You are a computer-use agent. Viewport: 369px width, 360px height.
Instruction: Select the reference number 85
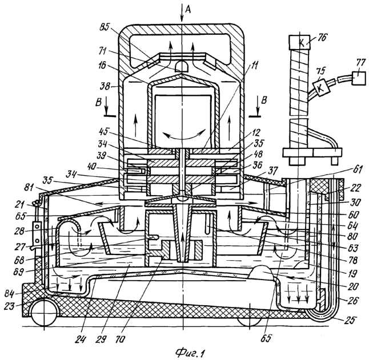pyautogui.click(x=105, y=28)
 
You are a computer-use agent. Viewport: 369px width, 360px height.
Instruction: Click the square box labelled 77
pyautogui.click(x=359, y=79)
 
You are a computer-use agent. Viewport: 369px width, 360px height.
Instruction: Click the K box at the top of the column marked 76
pyautogui.click(x=299, y=42)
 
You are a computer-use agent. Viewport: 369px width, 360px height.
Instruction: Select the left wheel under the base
pyautogui.click(x=44, y=313)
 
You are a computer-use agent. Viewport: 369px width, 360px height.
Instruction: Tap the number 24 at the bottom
pyautogui.click(x=81, y=339)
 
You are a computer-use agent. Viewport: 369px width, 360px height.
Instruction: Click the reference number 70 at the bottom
pyautogui.click(x=120, y=339)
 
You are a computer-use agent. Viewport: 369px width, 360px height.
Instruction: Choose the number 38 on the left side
pyautogui.click(x=105, y=87)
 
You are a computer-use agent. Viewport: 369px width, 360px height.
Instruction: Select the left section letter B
pyautogui.click(x=98, y=102)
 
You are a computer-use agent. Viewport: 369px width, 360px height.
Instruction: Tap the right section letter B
pyautogui.click(x=264, y=100)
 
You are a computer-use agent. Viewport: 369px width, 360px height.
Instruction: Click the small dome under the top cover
pyautogui.click(x=182, y=66)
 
